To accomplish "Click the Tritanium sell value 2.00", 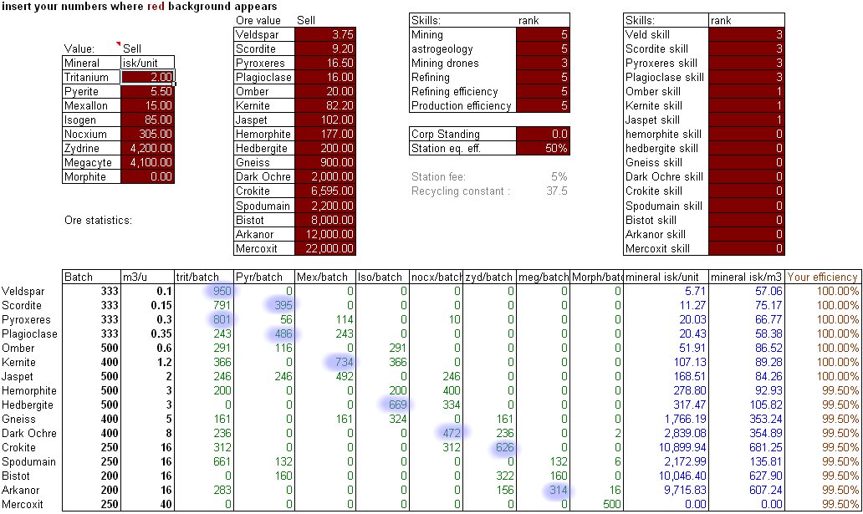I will [x=147, y=77].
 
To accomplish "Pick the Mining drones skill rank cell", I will [x=543, y=64].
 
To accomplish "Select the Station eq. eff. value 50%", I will [x=543, y=148].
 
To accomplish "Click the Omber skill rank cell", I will [x=746, y=92].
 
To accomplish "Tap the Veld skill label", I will [x=649, y=35].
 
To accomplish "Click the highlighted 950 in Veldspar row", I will [x=222, y=292].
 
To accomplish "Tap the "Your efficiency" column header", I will [x=823, y=277].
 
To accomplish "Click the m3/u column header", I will [x=135, y=277].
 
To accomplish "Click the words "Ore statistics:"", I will [x=99, y=221].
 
